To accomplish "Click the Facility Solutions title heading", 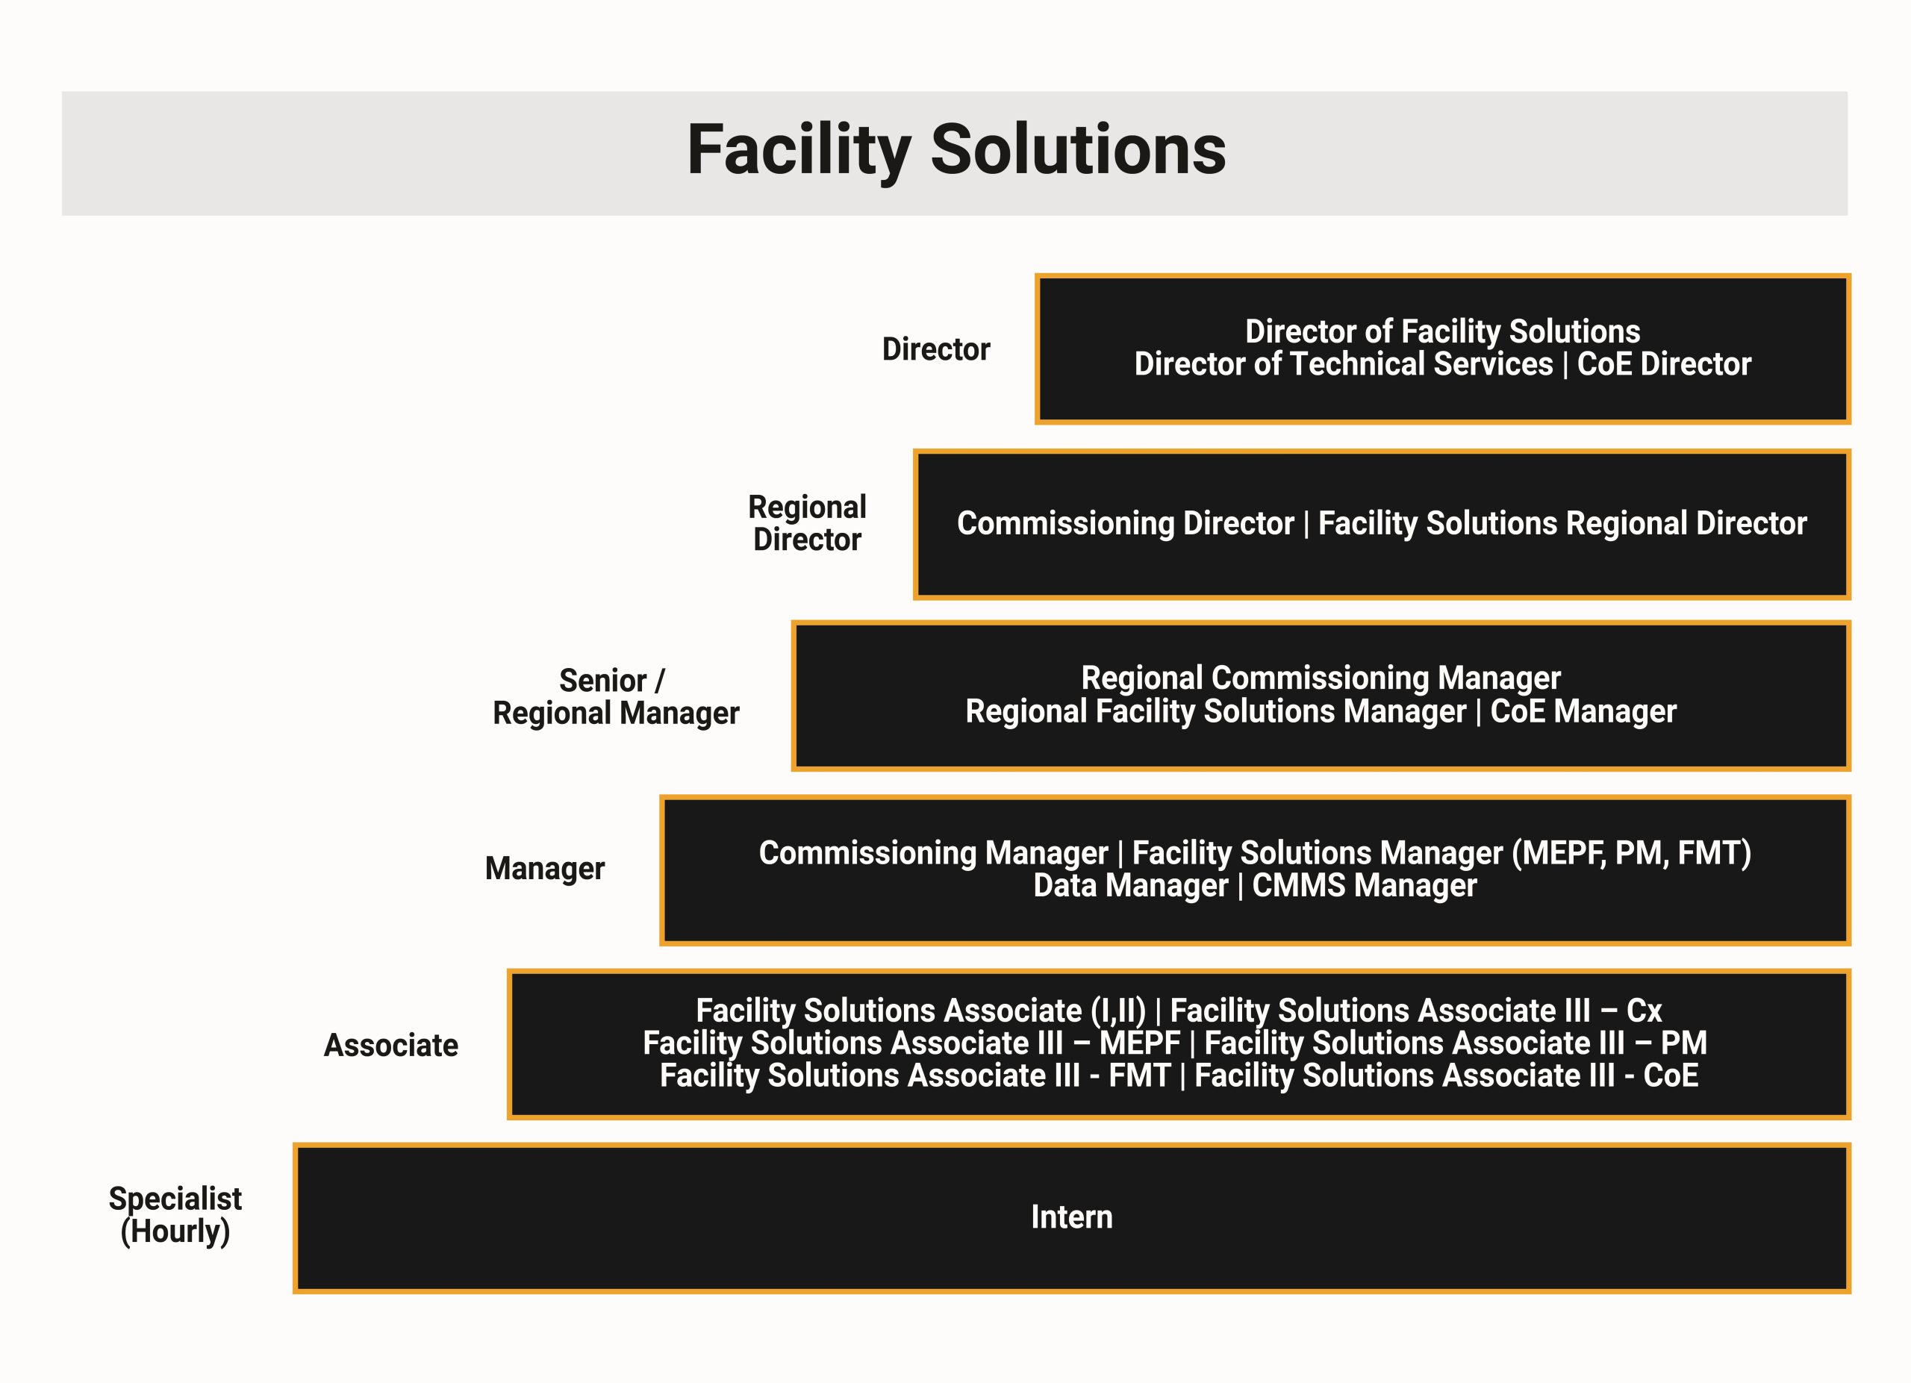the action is (956, 151).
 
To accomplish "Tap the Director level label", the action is (936, 349).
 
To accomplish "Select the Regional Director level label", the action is (807, 523).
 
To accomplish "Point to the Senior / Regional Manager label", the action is (616, 696).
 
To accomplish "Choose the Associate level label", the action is (391, 1045).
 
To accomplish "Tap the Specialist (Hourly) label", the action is (175, 1214).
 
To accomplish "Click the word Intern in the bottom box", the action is (1072, 1217).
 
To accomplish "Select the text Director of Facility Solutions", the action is (1442, 331).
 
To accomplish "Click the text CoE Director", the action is (1664, 364).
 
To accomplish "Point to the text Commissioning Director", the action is (1125, 523).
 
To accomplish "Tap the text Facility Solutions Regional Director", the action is (1562, 523).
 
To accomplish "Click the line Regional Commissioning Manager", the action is (1321, 678).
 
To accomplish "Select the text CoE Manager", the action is (1583, 711).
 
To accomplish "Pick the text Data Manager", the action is (1131, 885).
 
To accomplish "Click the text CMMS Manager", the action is (1364, 885).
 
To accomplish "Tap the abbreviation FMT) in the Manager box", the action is (1715, 853).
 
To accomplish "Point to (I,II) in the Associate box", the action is (1118, 1011).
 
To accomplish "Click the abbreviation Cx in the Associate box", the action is (1644, 1011).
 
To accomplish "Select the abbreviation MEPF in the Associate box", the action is (1140, 1043).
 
